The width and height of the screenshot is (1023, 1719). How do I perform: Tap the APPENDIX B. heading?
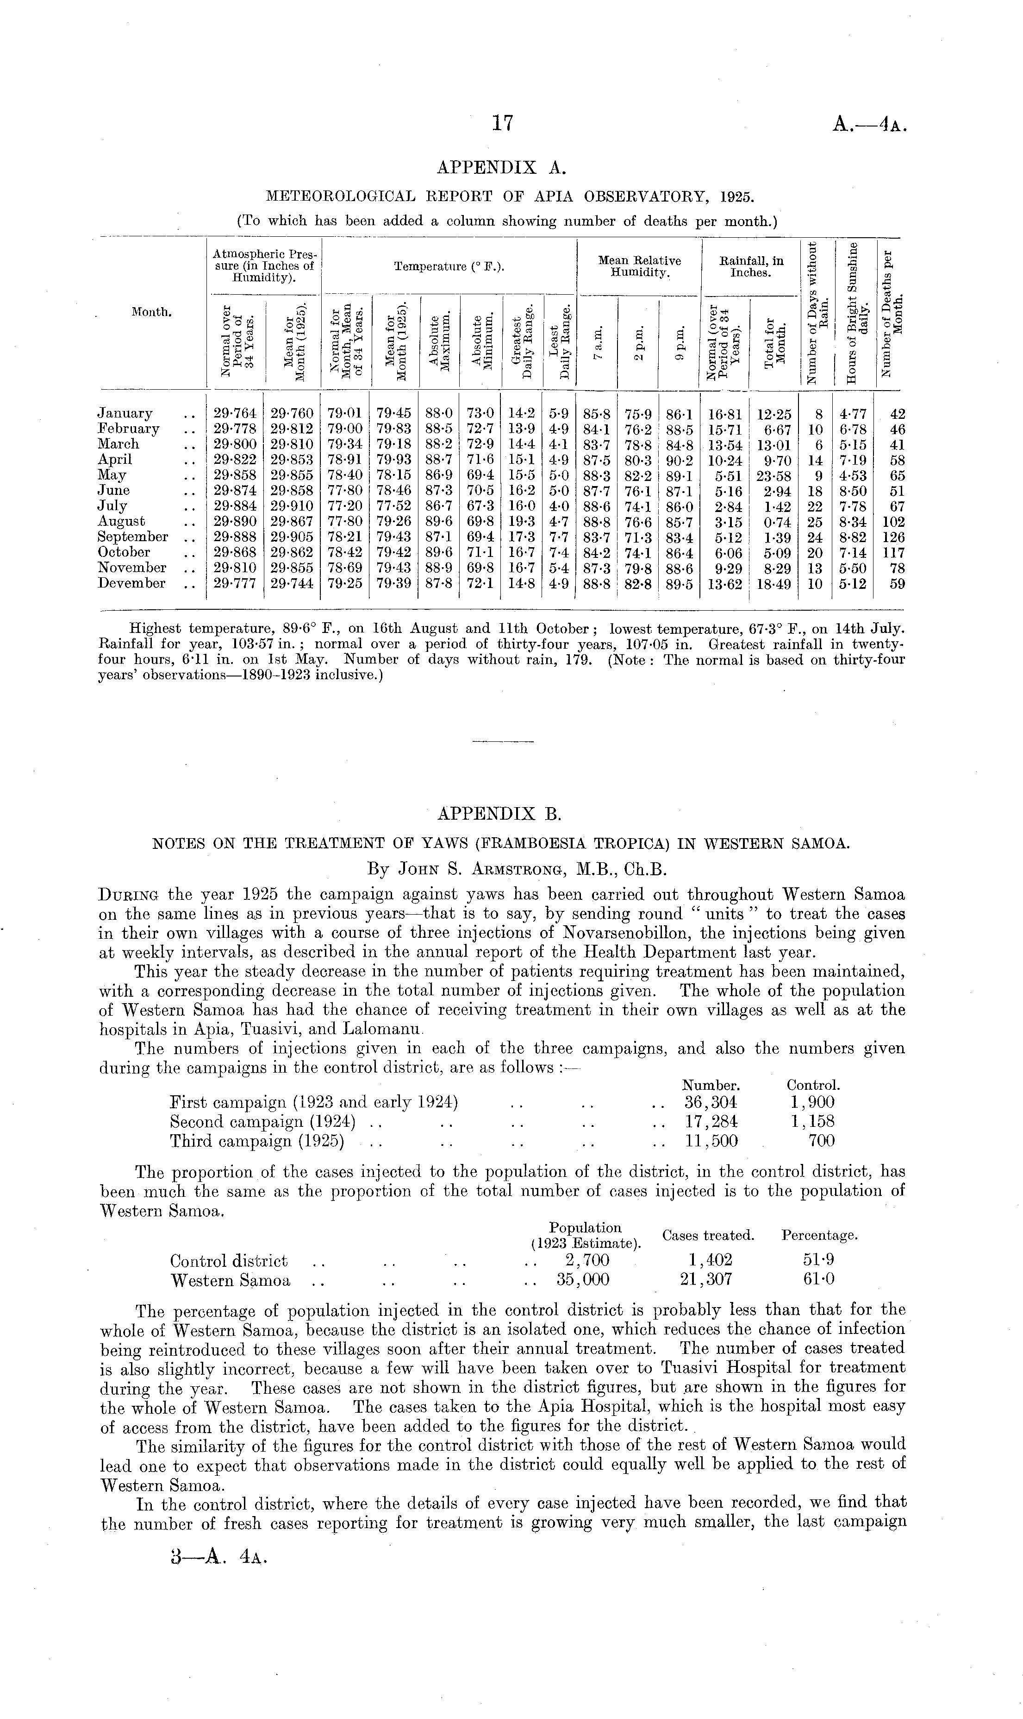click(500, 814)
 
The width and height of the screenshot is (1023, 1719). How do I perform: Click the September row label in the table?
click(132, 537)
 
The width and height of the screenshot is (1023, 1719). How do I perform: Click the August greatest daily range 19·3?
click(521, 522)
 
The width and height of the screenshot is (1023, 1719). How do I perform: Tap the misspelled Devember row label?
click(131, 583)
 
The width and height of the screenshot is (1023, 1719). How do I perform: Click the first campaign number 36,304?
click(711, 1102)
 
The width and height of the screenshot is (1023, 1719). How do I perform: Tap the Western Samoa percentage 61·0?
click(819, 1280)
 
